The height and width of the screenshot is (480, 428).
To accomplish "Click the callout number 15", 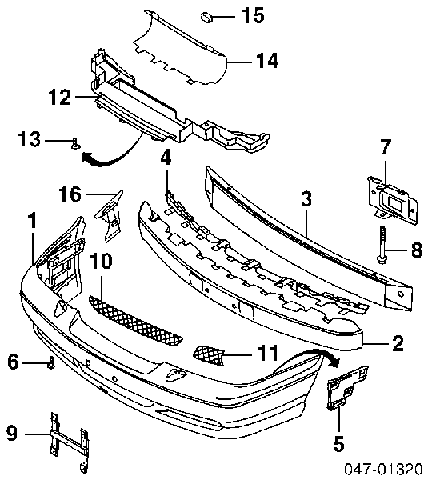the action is (253, 15).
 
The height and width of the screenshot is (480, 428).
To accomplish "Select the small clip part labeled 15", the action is (206, 17).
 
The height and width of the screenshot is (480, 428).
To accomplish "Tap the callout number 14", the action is (267, 61).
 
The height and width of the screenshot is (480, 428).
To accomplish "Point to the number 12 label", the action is (60, 98).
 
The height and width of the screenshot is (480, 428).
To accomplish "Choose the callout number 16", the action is (70, 194).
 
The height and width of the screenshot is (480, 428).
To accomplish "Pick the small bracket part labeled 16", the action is (109, 215).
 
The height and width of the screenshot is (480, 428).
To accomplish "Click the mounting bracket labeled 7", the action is (393, 199).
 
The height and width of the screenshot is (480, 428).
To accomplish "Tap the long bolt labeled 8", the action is (382, 245).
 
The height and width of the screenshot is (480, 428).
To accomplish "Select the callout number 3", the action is (306, 199).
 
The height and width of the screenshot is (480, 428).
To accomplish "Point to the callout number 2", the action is (398, 343).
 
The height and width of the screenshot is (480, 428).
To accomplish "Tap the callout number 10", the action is (101, 261).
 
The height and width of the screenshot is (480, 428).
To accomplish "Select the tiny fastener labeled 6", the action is (51, 363).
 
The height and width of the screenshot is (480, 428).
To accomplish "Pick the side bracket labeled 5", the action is (347, 388).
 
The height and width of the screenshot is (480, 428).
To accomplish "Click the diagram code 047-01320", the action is (383, 469).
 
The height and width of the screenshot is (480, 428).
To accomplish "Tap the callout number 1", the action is (32, 221).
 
